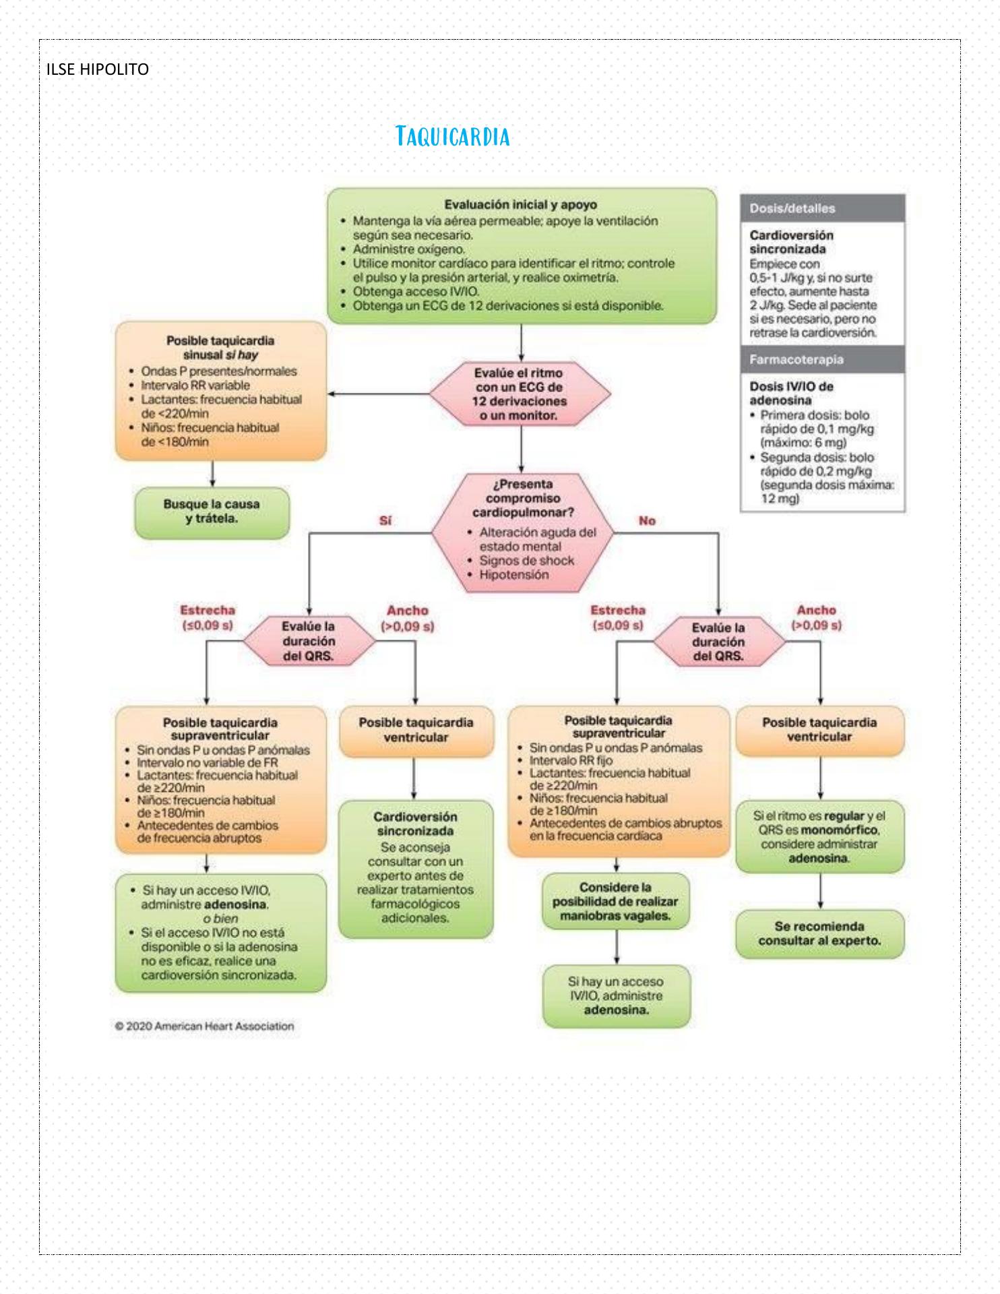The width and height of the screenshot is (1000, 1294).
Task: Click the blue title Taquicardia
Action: point(453,136)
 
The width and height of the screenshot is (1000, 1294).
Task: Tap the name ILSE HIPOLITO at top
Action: point(98,69)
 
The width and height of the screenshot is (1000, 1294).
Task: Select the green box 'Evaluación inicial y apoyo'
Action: point(521,255)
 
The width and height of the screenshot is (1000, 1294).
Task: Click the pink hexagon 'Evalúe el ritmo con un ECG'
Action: point(520,394)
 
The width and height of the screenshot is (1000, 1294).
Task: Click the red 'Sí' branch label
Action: point(385,521)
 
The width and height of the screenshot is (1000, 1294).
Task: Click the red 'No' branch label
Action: point(647,521)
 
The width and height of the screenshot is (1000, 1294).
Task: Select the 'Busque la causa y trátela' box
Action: point(212,512)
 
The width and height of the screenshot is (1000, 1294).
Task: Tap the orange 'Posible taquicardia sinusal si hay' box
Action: point(220,391)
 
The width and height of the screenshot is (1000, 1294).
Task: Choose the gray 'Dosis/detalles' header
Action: point(821,209)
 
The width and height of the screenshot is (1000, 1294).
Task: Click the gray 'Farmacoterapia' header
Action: point(821,360)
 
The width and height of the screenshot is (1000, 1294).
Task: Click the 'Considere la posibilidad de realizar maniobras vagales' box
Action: point(615,902)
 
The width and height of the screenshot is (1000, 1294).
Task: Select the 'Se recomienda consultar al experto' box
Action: point(819,933)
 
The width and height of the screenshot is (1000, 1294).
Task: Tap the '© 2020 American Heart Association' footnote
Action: point(204,1026)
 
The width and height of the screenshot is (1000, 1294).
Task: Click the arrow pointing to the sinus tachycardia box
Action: point(377,394)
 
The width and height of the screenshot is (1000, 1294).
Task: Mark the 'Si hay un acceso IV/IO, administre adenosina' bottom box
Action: point(616,996)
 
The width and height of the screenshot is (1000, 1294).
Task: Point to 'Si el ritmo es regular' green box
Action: point(819,836)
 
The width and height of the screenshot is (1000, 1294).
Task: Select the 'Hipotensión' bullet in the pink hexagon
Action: point(513,575)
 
